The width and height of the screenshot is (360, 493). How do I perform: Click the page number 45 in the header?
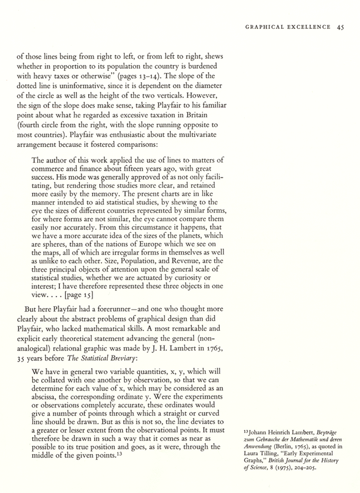341,26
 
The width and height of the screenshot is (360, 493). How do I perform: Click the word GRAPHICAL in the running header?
264,26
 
